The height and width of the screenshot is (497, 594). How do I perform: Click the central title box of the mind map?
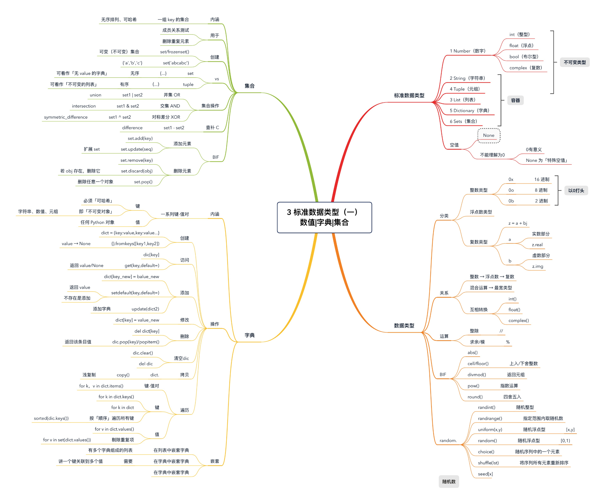pos(324,217)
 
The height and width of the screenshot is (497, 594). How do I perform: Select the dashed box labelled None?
pos(488,135)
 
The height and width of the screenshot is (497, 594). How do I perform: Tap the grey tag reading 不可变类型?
pos(575,62)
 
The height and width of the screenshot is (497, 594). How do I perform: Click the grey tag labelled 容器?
pos(515,100)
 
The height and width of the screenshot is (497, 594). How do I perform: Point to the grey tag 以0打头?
pos(576,191)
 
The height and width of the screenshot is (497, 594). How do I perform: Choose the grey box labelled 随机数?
pos(449,481)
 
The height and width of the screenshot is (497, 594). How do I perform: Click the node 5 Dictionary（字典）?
pos(469,111)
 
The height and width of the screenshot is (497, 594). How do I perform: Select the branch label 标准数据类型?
pos(409,96)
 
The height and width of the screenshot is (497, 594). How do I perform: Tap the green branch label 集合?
pos(250,86)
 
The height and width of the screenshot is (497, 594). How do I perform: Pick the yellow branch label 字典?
pos(250,335)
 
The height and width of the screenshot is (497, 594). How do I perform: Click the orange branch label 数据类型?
pos(404,326)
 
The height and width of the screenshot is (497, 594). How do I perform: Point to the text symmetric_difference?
pos(66,117)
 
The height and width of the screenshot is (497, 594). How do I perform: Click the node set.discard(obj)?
pos(137,171)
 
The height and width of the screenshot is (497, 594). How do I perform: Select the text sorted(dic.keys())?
pos(51,418)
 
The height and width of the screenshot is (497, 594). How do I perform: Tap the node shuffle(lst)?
pos(488,463)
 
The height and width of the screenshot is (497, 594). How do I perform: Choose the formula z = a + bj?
pos(518,223)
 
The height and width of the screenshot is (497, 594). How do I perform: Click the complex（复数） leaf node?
pos(526,68)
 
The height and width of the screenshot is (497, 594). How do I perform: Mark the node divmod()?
pos(477,375)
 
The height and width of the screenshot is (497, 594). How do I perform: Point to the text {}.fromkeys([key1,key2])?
pos(135,244)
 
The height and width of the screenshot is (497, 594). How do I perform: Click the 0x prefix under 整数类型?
pos(511,179)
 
